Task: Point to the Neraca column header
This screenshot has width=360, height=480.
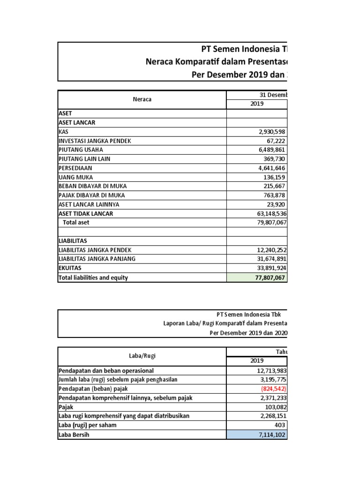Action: [x=142, y=99]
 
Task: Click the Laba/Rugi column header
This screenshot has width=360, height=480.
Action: [x=142, y=356]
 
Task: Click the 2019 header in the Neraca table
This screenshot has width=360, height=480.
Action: [x=257, y=104]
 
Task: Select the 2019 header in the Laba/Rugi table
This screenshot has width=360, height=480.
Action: [x=257, y=360]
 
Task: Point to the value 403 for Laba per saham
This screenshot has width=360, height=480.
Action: [x=279, y=425]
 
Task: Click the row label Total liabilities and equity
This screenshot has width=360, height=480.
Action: [x=93, y=277]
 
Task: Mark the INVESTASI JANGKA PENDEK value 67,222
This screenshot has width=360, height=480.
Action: [x=276, y=141]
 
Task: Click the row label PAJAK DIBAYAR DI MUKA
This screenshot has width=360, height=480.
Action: [x=91, y=195]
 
